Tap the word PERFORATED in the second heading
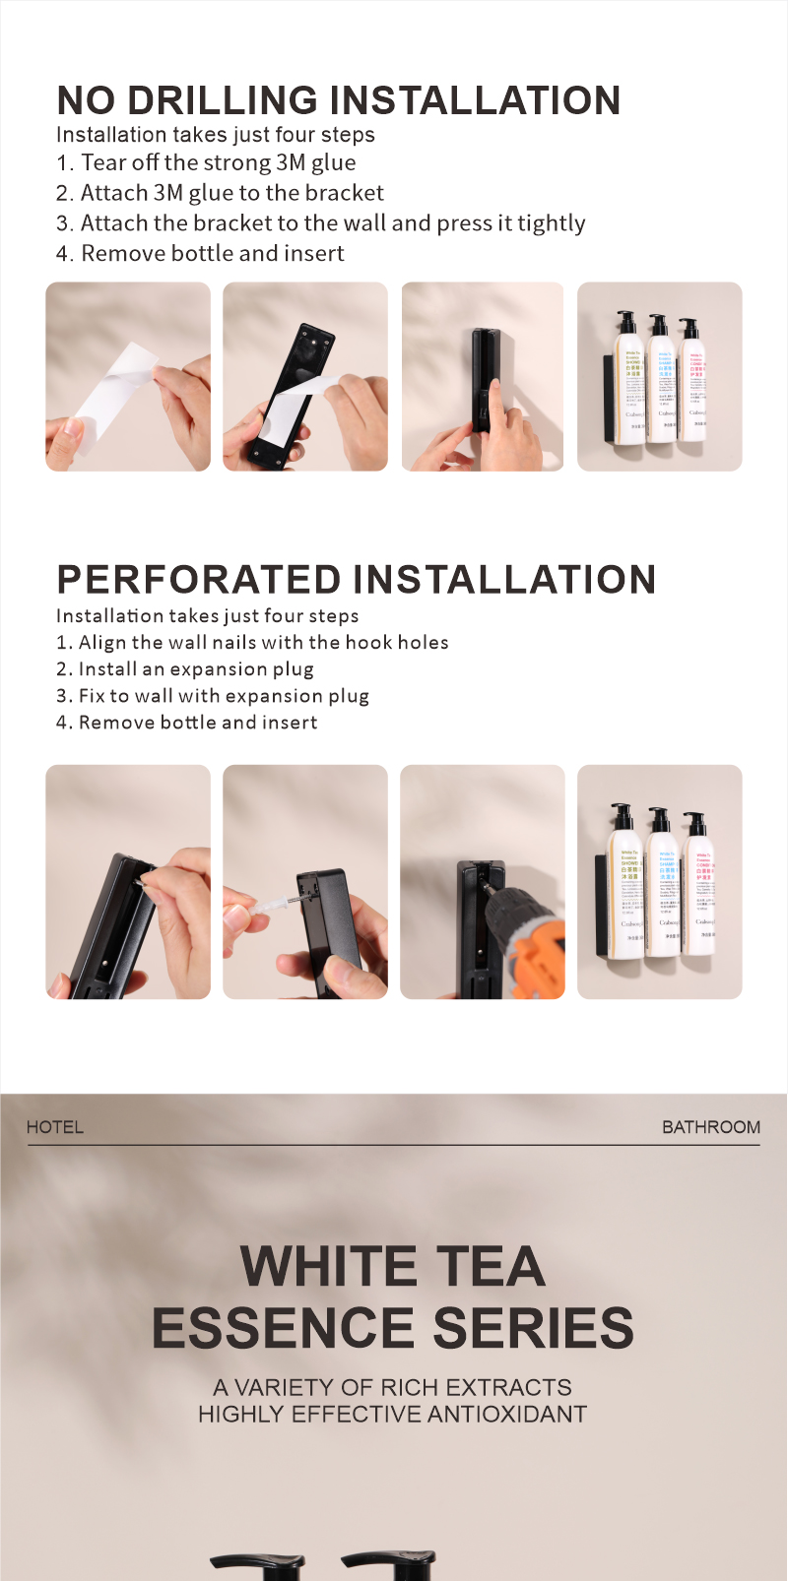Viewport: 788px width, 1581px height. [199, 579]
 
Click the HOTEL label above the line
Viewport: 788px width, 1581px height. [55, 1127]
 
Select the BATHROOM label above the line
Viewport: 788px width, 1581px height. [710, 1127]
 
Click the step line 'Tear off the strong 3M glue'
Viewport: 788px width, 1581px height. [218, 162]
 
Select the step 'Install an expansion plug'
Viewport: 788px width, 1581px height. [195, 669]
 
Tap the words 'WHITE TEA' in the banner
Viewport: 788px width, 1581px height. [392, 1266]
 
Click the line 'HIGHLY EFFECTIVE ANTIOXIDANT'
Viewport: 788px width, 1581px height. [392, 1415]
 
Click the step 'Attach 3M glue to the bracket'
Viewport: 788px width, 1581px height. [231, 193]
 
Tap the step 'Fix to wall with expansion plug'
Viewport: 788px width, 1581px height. [224, 696]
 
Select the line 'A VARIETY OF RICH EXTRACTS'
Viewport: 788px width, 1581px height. [392, 1387]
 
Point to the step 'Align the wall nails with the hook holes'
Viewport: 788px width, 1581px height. [263, 643]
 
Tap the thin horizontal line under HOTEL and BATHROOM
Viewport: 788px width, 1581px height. [394, 1145]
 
